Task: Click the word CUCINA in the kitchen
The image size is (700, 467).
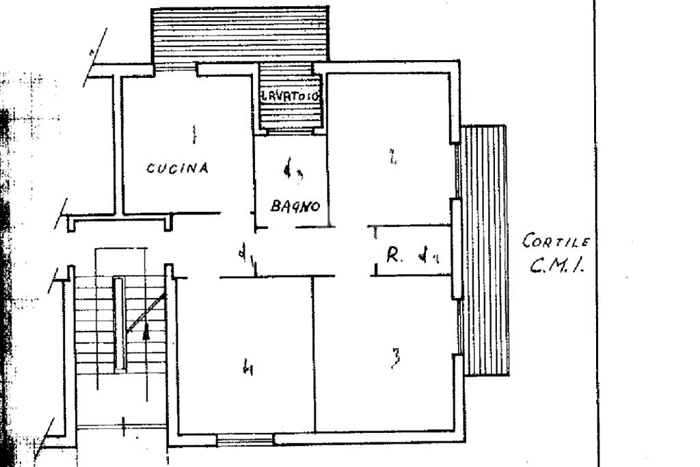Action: click(x=177, y=168)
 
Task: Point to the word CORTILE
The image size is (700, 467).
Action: click(x=555, y=241)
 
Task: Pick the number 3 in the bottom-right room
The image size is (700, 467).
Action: click(x=395, y=359)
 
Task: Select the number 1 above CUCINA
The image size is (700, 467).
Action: click(x=193, y=133)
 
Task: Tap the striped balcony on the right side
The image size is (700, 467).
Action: click(x=483, y=250)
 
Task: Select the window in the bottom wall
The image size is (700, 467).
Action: click(x=245, y=440)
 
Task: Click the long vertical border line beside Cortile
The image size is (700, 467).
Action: click(x=593, y=232)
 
